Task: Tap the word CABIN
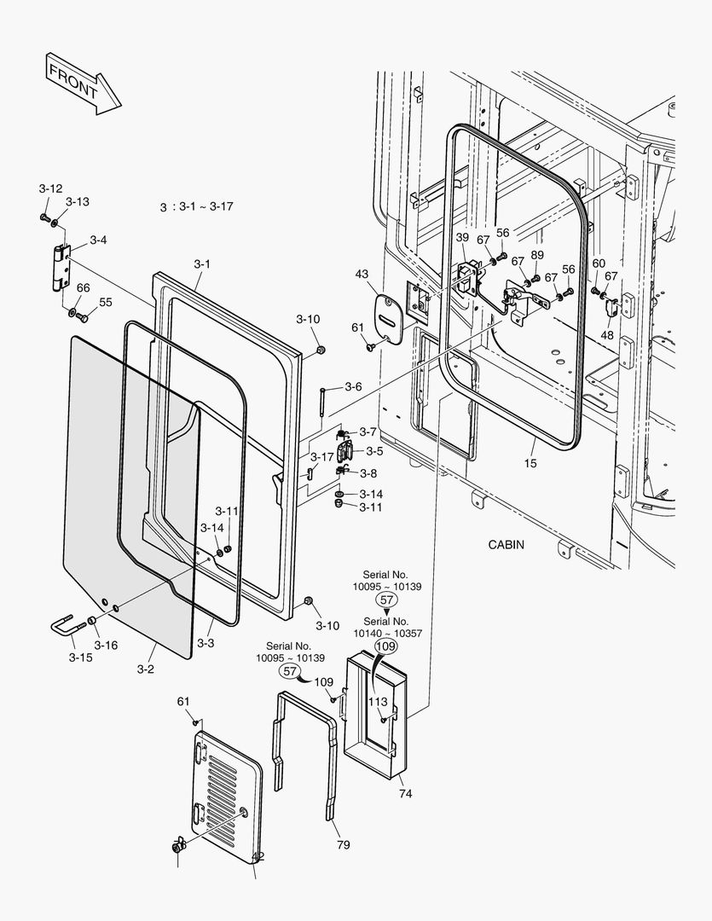506,544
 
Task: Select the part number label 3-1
201,264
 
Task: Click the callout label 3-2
146,669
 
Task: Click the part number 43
362,274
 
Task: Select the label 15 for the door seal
530,463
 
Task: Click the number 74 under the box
405,794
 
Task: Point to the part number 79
343,844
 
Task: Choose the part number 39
462,237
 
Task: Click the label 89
537,255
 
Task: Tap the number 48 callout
606,335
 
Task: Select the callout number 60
599,264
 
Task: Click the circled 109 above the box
386,647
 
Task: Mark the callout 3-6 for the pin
354,386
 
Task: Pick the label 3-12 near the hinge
50,188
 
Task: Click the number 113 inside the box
378,702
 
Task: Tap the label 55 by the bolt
105,302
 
